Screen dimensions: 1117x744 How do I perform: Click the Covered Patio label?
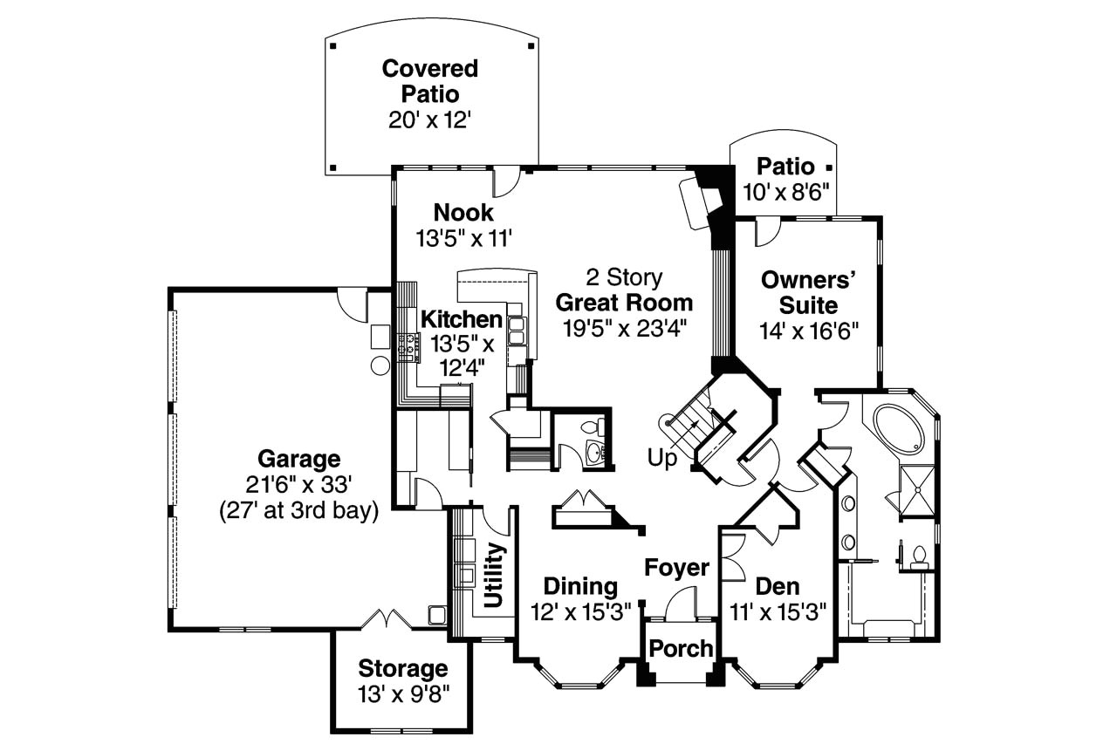click(430, 81)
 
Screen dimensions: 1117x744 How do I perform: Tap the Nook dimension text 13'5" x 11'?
click(464, 238)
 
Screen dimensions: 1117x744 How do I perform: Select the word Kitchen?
click(462, 319)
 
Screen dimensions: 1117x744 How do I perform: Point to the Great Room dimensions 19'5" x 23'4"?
click(625, 329)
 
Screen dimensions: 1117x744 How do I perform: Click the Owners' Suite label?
click(808, 292)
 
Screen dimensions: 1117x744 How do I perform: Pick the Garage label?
click(299, 459)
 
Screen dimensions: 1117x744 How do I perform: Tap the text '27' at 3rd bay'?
click(299, 511)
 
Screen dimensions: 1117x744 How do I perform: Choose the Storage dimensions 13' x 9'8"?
click(403, 694)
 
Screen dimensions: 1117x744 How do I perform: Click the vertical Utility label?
click(495, 575)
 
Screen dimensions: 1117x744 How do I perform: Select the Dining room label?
click(580, 586)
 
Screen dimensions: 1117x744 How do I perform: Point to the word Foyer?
click(676, 568)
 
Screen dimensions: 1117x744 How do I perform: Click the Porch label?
click(681, 648)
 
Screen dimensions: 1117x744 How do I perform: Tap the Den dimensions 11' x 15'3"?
click(778, 612)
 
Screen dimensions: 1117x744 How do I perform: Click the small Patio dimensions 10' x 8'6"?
click(786, 192)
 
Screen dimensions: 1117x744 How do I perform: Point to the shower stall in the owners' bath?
click(916, 490)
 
